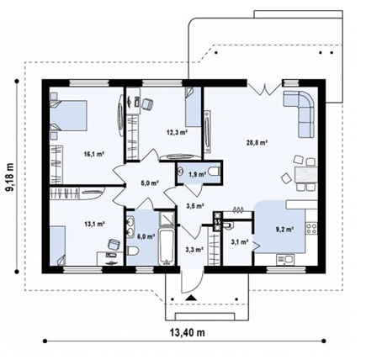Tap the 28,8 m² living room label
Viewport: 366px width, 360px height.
257,142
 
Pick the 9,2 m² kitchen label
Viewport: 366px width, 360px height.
284,229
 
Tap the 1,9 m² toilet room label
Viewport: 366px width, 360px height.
198,174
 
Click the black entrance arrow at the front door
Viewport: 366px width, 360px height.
191,298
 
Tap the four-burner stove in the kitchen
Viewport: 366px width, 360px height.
311,228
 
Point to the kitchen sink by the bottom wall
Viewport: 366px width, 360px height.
285,259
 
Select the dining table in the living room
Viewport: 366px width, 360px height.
306,174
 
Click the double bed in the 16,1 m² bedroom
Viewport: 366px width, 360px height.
68,116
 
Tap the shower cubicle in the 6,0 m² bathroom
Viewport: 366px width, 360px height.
167,219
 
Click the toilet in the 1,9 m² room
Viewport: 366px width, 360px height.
215,171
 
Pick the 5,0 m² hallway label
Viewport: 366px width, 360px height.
150,183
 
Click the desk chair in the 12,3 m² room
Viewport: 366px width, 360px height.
147,104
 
